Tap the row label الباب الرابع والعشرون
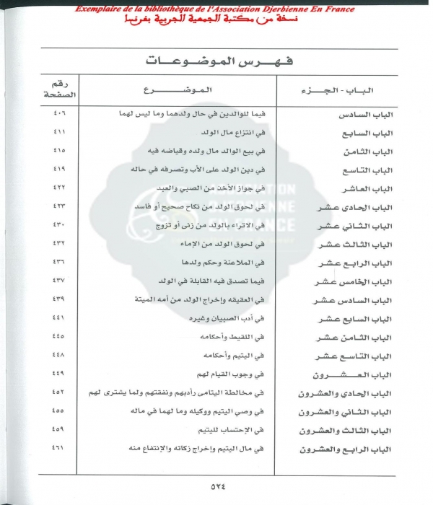click(333, 449)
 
